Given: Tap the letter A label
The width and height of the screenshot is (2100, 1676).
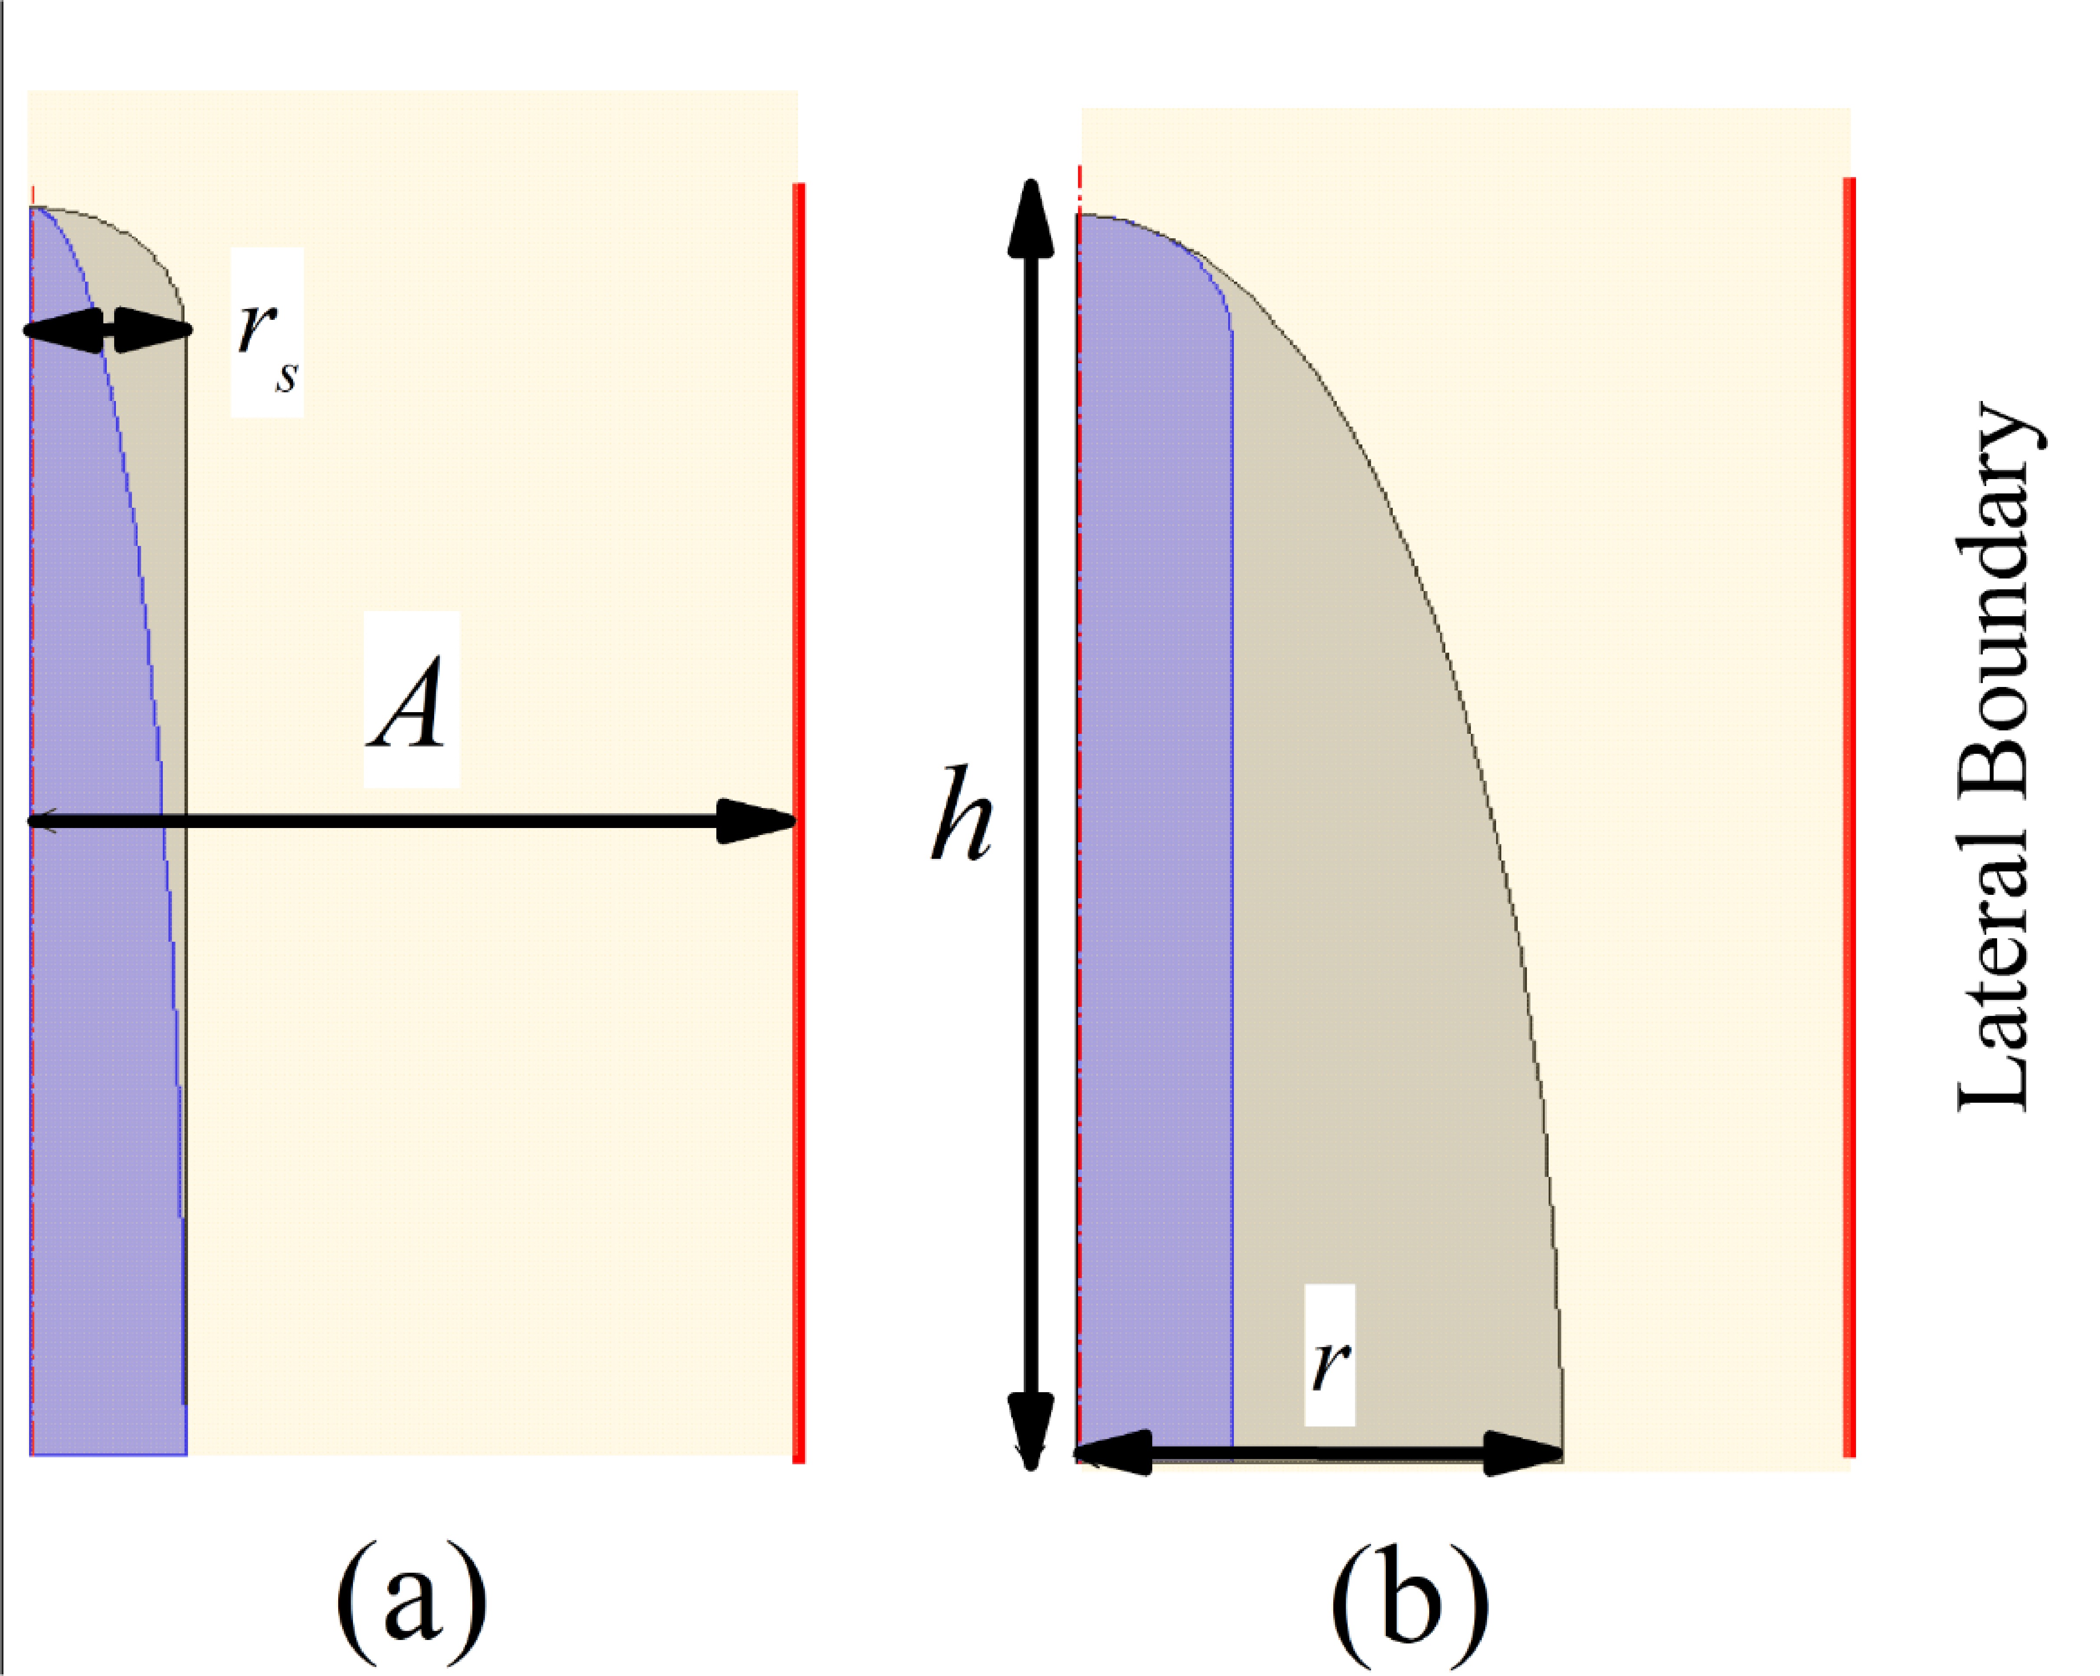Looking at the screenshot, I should [x=410, y=701].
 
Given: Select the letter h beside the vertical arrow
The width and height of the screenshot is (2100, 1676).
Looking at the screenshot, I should [x=961, y=813].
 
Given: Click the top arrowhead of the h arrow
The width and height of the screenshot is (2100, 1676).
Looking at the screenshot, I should [x=1031, y=219].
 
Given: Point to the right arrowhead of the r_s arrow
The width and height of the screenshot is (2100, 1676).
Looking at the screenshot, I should [x=154, y=330].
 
